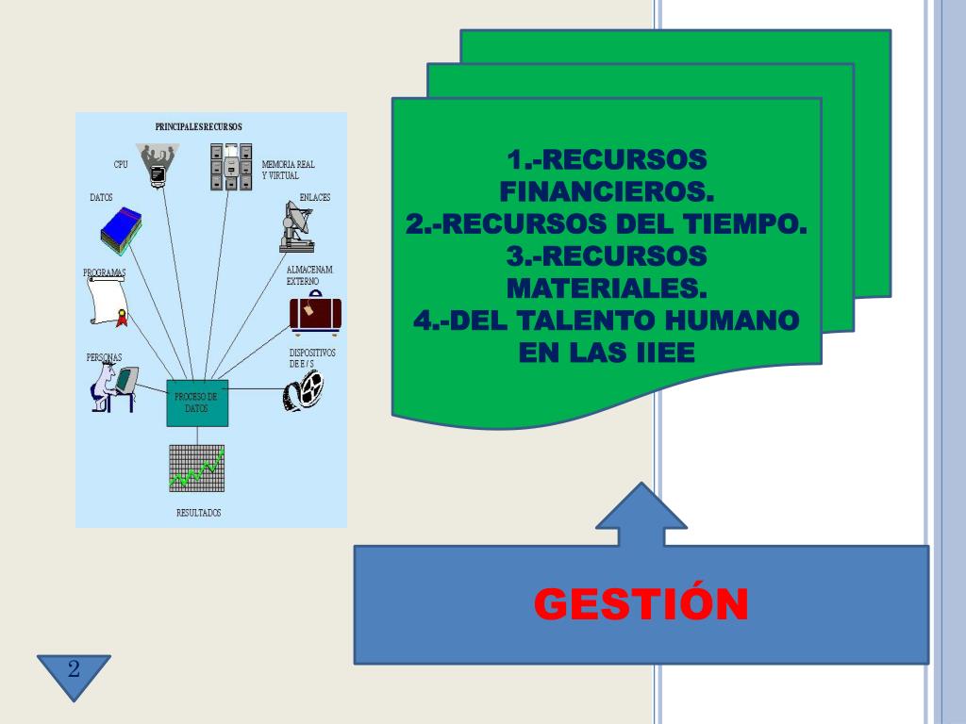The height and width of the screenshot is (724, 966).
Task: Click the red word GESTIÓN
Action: (x=641, y=604)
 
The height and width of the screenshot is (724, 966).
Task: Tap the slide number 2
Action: (x=74, y=670)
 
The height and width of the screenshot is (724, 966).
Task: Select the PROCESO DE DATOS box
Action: (x=196, y=403)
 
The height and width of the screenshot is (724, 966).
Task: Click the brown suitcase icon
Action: (x=315, y=313)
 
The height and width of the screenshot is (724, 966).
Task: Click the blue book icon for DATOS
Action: (x=122, y=232)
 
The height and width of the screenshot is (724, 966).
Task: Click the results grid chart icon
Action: (x=196, y=468)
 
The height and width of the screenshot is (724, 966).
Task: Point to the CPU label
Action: (x=121, y=165)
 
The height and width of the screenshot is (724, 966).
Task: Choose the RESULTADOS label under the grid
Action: (x=198, y=513)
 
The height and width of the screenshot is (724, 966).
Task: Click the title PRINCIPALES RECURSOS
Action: (x=198, y=126)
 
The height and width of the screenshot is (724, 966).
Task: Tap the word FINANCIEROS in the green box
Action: (x=607, y=191)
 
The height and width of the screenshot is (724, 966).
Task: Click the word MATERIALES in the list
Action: (x=607, y=287)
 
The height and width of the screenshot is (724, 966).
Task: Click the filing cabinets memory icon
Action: (x=231, y=167)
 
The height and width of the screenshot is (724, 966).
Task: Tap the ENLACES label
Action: (x=314, y=197)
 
